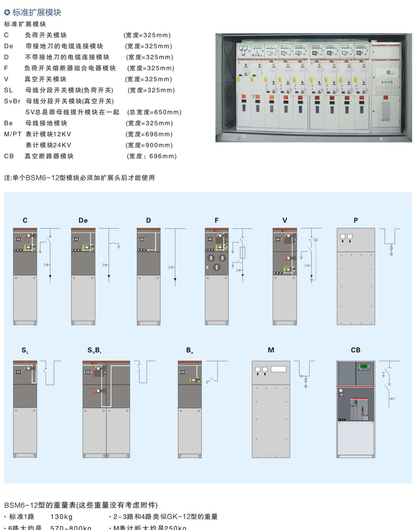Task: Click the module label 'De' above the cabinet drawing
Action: [83, 220]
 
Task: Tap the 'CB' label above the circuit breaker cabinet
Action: [356, 350]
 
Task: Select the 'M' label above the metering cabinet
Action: [271, 350]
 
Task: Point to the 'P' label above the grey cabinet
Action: [356, 220]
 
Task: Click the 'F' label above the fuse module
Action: [216, 220]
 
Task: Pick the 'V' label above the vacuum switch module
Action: [285, 220]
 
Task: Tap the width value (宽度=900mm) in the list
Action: [149, 145]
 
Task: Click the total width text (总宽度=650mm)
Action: [154, 112]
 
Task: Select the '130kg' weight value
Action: [62, 517]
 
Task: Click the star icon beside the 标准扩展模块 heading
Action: [7, 13]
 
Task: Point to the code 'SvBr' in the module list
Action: [12, 101]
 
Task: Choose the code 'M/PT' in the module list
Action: [13, 134]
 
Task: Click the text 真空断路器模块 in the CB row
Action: [49, 156]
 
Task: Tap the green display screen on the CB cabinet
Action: [365, 367]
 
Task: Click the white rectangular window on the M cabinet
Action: [279, 369]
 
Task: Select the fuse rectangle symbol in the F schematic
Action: [242, 253]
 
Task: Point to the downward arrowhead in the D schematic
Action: [175, 280]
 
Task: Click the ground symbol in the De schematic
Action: [119, 247]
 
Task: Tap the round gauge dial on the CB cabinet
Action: [341, 390]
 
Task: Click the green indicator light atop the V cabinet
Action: [286, 231]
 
